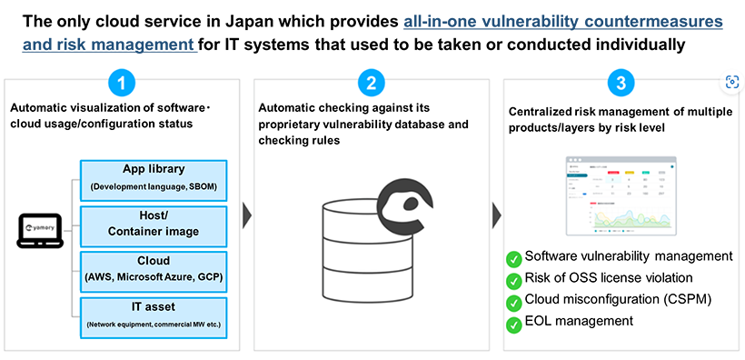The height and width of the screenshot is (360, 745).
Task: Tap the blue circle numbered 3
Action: click(x=620, y=85)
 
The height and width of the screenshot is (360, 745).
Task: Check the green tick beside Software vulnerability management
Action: click(x=514, y=257)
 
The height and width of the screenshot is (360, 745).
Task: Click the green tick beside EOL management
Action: click(x=514, y=323)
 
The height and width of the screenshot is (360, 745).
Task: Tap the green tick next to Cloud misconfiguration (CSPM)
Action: click(x=514, y=301)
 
